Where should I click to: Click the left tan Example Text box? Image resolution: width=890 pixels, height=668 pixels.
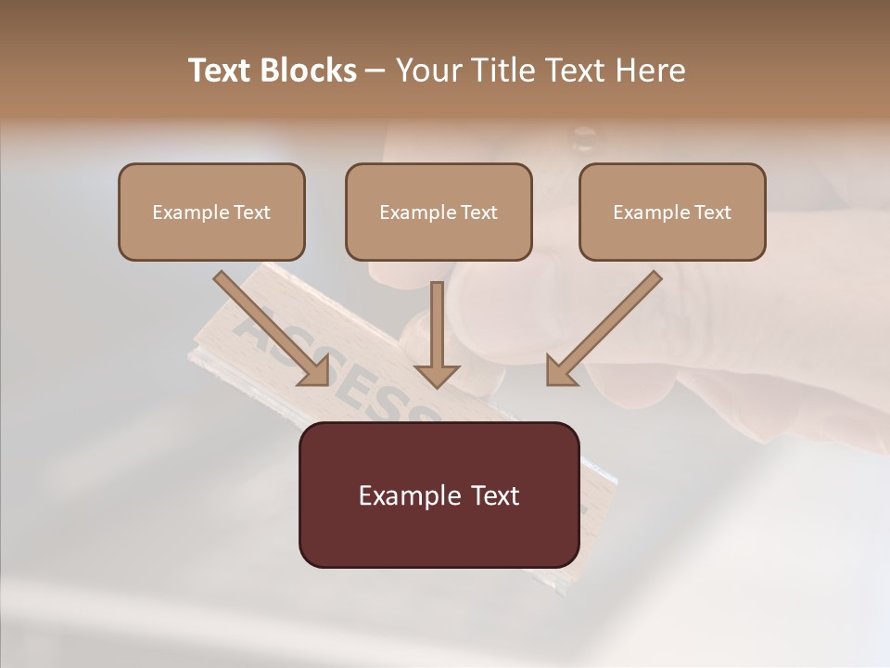click(211, 212)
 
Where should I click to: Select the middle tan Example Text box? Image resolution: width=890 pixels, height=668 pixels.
click(439, 212)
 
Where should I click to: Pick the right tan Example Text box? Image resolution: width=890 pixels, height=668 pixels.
click(672, 212)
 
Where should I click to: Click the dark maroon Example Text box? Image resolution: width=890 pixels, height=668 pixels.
click(439, 495)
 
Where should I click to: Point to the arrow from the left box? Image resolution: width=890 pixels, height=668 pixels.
click(269, 326)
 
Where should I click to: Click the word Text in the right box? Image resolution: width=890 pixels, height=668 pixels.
click(712, 212)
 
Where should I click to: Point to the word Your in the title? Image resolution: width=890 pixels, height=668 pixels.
click(426, 71)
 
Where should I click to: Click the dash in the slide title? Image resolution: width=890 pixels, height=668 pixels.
click(375, 71)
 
